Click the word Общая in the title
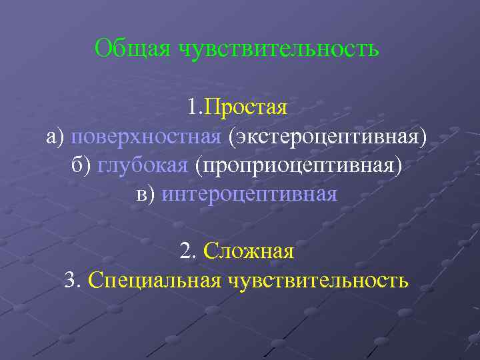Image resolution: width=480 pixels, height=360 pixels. click(133, 49)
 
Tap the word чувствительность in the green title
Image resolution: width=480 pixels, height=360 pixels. click(279, 49)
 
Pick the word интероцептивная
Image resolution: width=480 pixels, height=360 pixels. click(249, 194)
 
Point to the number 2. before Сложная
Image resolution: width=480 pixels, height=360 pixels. click(187, 252)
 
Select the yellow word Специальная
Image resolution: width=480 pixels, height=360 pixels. click(154, 281)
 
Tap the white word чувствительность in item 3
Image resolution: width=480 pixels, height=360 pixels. click(319, 281)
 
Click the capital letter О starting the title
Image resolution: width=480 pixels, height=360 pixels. click(102, 49)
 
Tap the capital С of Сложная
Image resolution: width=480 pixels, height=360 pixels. click(209, 252)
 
